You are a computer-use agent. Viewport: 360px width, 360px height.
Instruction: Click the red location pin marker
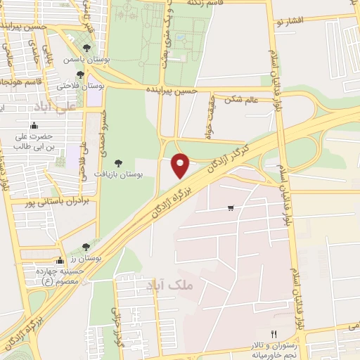tap(181, 165)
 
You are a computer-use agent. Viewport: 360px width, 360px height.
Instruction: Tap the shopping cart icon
tap(231, 208)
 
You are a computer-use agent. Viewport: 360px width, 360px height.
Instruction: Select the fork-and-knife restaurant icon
tap(274, 334)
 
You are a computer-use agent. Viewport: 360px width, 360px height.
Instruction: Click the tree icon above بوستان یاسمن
tap(86, 49)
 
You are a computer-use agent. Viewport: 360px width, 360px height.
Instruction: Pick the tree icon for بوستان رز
tap(85, 247)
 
